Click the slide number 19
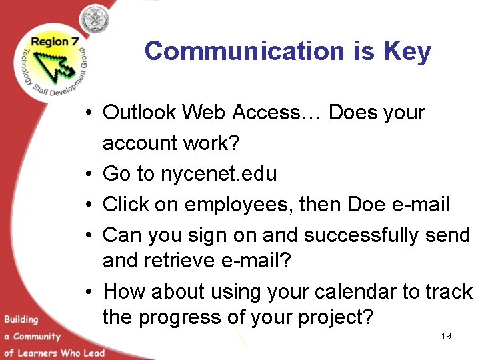point(446,336)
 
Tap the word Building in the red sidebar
point(20,319)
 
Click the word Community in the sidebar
point(37,336)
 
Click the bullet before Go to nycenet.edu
point(88,175)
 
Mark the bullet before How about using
point(88,292)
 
